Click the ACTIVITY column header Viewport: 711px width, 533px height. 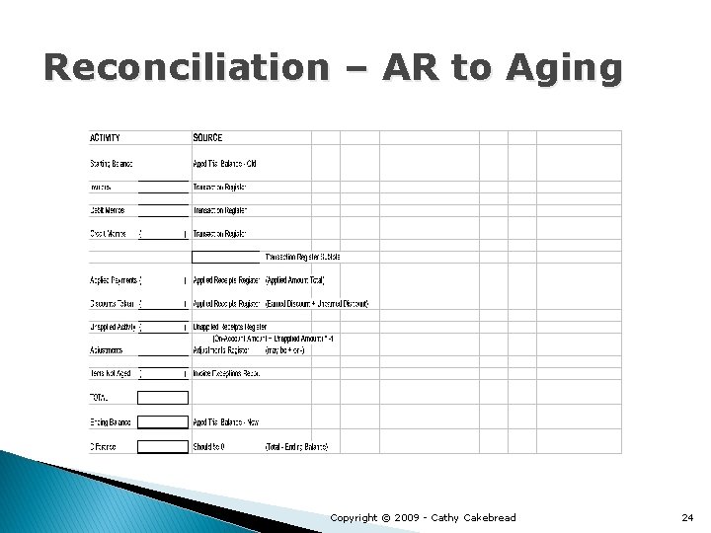point(106,137)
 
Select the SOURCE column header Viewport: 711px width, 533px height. point(207,137)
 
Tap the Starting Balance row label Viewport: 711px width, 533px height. point(112,163)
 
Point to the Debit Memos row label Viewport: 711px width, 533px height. point(108,210)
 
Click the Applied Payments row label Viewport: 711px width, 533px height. point(113,280)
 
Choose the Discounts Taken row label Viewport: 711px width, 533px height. point(113,303)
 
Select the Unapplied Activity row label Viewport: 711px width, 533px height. point(113,327)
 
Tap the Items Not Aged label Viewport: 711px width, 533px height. point(111,374)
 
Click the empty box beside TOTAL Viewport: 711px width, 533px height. point(162,398)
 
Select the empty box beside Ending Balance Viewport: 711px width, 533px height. point(162,421)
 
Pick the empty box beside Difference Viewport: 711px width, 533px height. point(162,446)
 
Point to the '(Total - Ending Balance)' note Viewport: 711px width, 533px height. point(296,446)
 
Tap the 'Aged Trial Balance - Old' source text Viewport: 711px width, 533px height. point(224,163)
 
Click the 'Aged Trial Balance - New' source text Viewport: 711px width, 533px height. point(225,421)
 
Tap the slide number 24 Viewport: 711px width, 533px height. point(688,517)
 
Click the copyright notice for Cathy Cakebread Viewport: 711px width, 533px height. point(422,517)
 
